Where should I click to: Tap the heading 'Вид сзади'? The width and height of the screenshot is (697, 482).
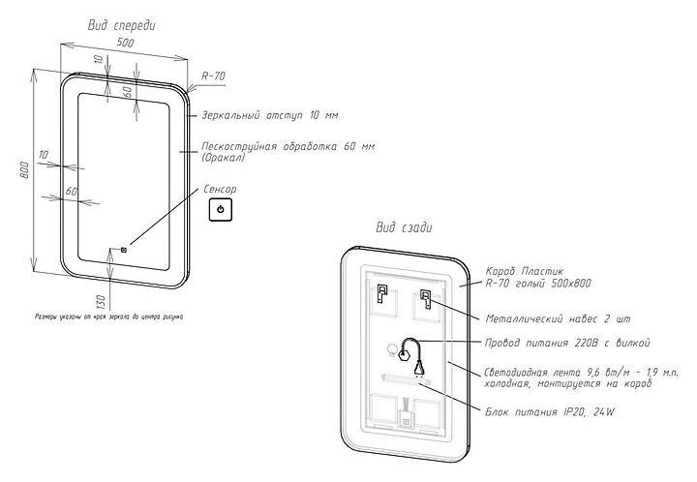[404, 227]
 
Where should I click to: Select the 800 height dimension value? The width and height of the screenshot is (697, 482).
[26, 170]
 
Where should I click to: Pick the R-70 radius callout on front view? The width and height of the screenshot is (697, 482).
[213, 75]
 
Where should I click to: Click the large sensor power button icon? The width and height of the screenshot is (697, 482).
[220, 209]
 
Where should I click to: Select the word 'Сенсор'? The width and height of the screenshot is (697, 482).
[220, 190]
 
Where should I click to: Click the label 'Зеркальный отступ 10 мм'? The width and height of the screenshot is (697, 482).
[270, 116]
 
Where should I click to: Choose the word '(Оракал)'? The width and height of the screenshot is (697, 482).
[224, 157]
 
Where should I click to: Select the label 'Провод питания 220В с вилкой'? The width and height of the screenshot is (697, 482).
[566, 343]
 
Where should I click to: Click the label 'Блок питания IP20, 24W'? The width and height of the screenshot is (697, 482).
[550, 412]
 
